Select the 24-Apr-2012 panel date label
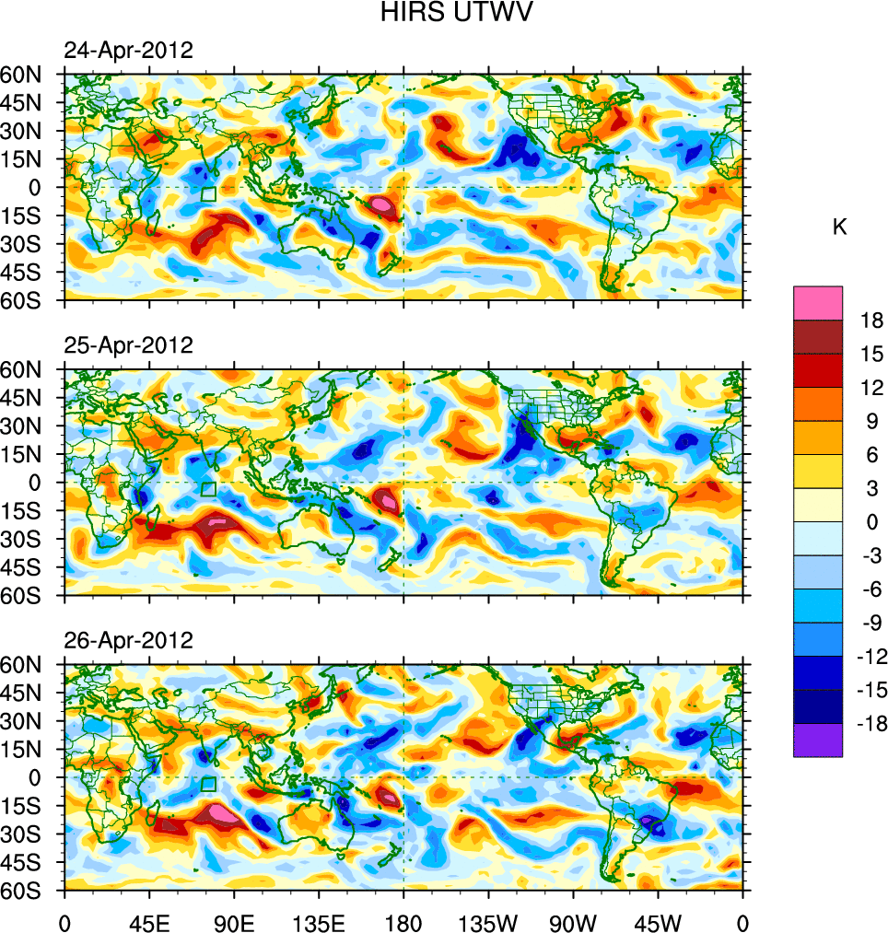(128, 51)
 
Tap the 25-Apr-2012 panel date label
(128, 345)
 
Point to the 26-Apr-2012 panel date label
(128, 640)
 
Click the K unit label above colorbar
(839, 227)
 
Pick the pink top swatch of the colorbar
(817, 303)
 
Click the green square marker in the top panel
(208, 194)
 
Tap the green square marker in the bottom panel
(208, 784)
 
